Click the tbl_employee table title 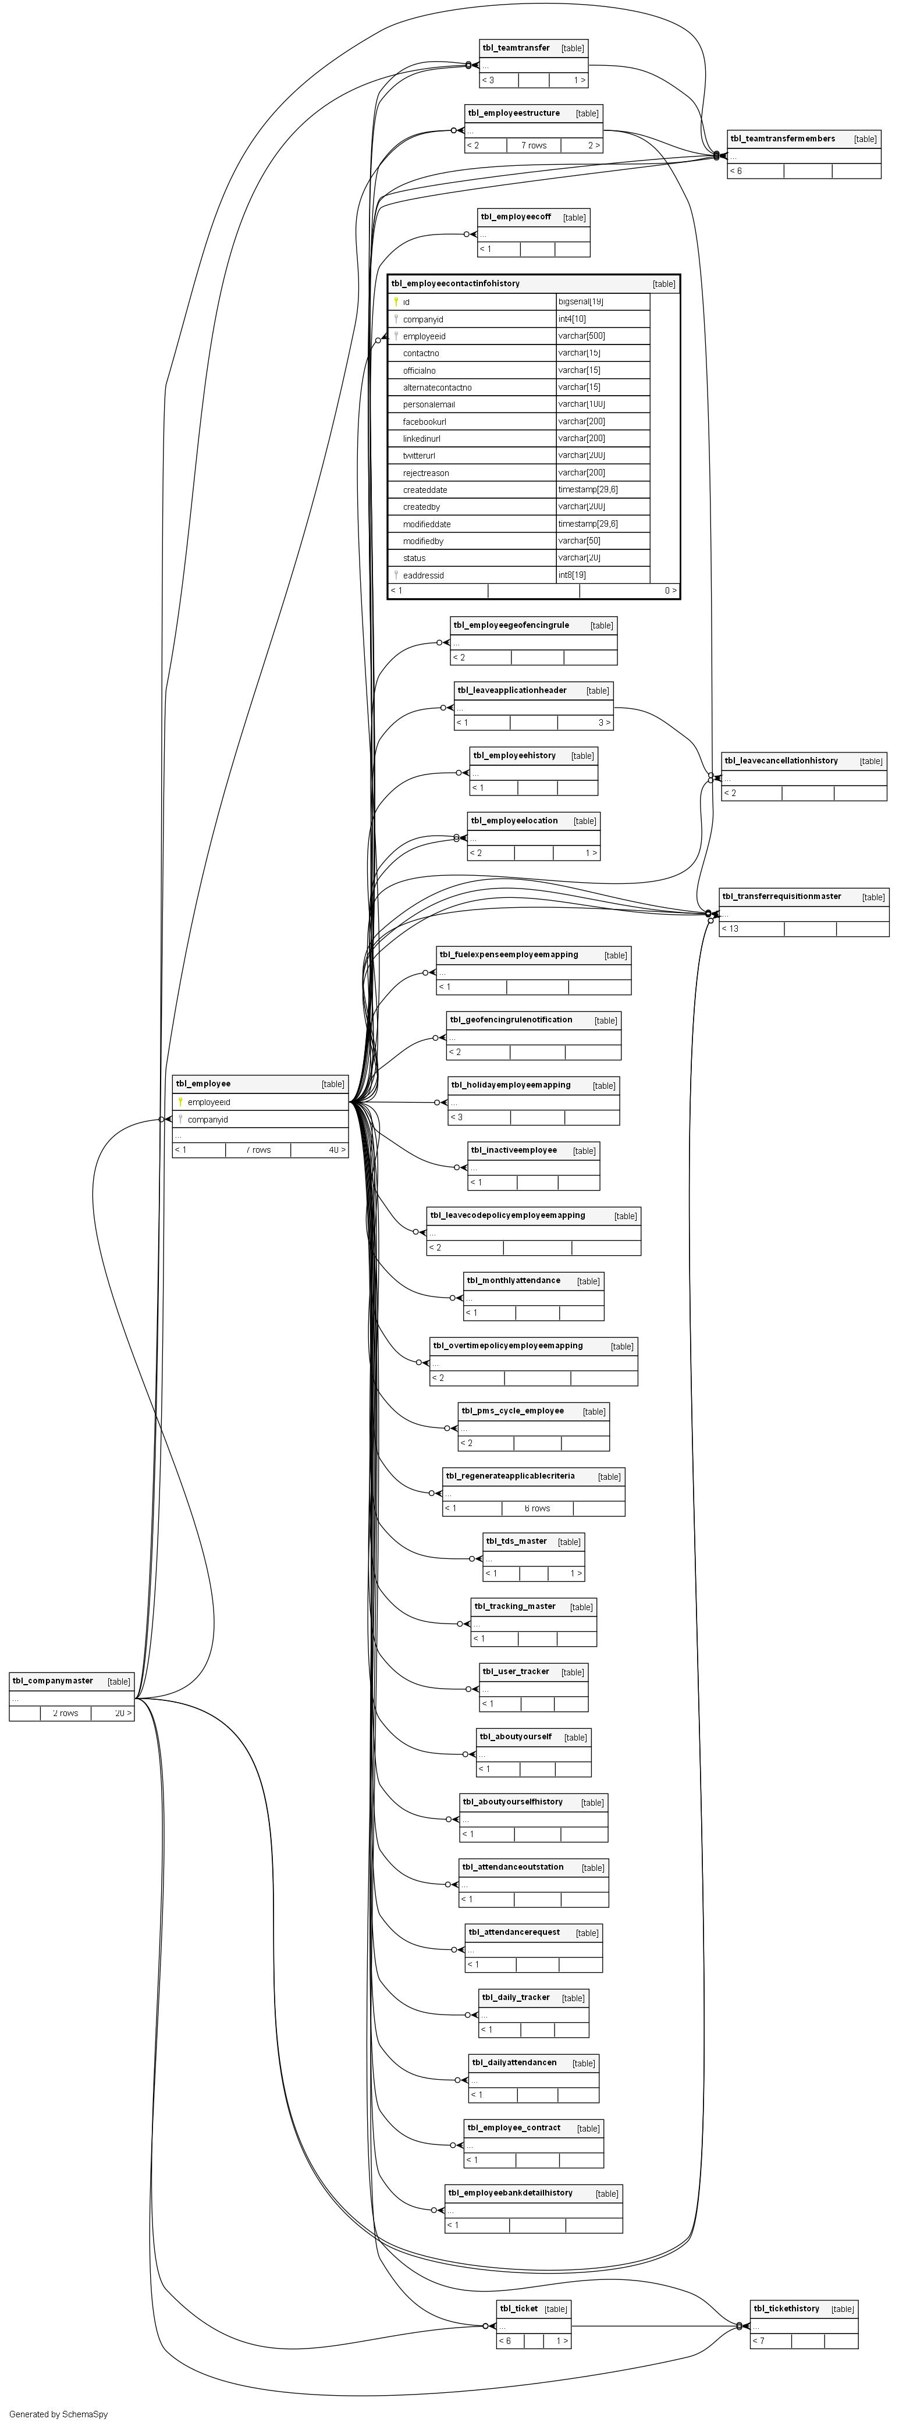[203, 1084]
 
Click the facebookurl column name [425, 422]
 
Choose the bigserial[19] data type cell [581, 301]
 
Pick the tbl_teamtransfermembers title [782, 138]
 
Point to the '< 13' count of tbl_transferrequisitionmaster [730, 929]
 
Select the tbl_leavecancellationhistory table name [780, 761]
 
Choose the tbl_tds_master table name [516, 1541]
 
